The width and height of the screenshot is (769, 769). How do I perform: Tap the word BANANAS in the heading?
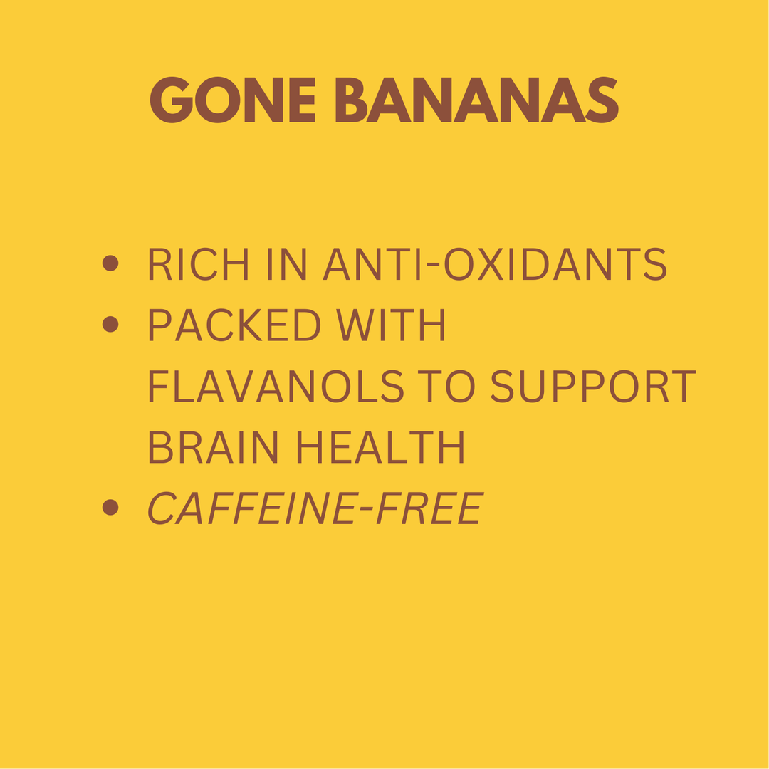coord(476,100)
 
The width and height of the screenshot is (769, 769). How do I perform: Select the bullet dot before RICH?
coord(110,263)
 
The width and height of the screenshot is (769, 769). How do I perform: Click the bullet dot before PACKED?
coord(110,325)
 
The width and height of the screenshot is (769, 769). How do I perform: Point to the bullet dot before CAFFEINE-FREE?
coord(110,507)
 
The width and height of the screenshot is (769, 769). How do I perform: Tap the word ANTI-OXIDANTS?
coord(495,263)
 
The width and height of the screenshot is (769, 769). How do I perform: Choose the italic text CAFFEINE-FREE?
coord(315,508)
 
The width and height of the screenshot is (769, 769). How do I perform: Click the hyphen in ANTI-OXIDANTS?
coord(431,265)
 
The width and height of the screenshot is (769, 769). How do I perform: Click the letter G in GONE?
coord(171,100)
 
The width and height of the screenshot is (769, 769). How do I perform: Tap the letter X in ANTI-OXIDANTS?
coord(491,263)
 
